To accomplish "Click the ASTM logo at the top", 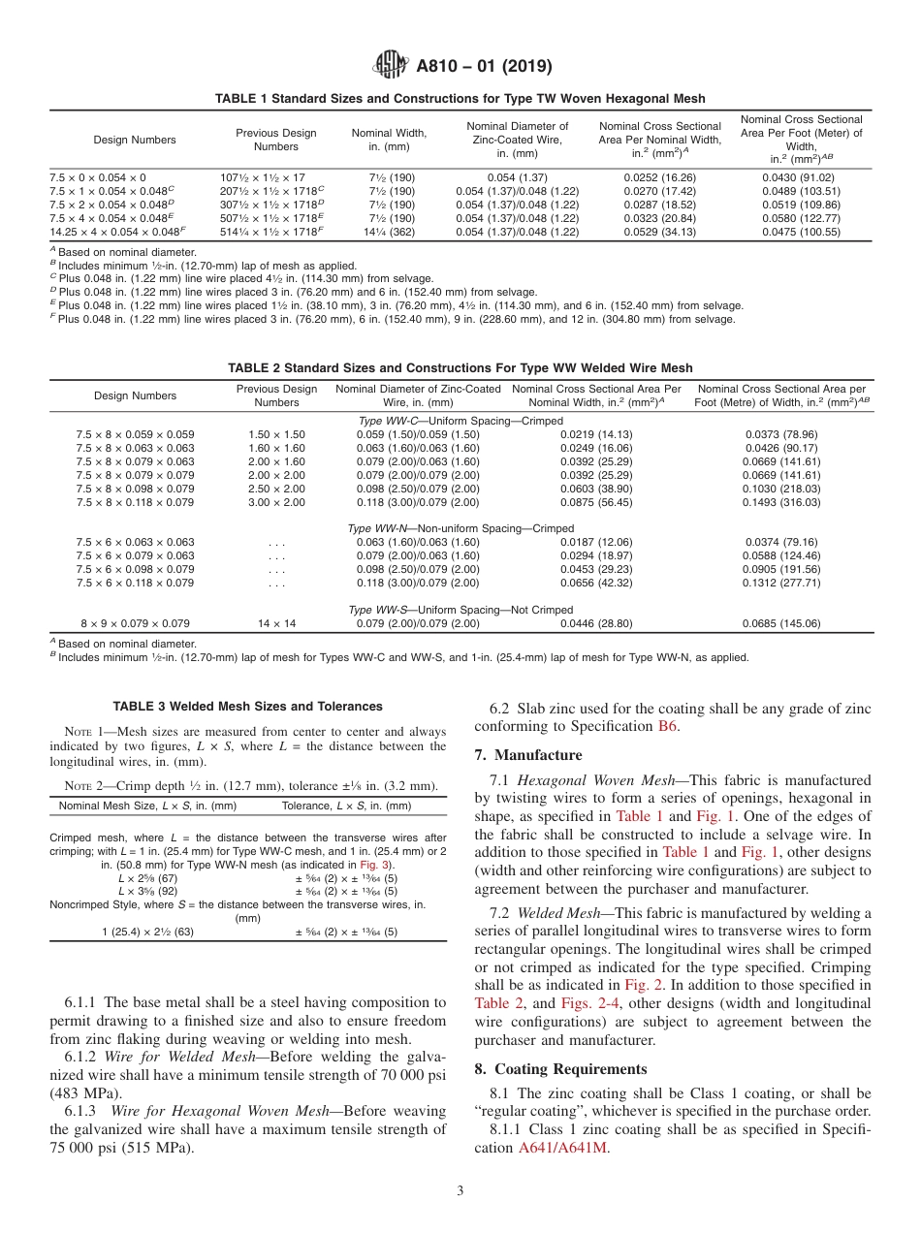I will tap(390, 66).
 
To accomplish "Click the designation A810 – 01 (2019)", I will tap(484, 67).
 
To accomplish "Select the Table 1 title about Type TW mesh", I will tap(460, 99).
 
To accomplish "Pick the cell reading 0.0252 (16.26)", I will tap(660, 177).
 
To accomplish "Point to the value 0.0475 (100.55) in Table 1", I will tap(801, 232).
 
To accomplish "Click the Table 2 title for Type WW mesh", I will tap(460, 367).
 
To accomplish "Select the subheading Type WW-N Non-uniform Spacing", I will tap(460, 528).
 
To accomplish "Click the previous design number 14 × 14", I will tap(276, 623).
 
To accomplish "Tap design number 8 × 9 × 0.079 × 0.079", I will tap(135, 623).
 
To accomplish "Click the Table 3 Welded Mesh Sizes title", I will tap(247, 706).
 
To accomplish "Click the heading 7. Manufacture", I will tap(528, 755).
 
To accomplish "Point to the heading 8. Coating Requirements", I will tap(560, 1069).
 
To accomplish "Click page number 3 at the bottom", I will tap(460, 1191).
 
